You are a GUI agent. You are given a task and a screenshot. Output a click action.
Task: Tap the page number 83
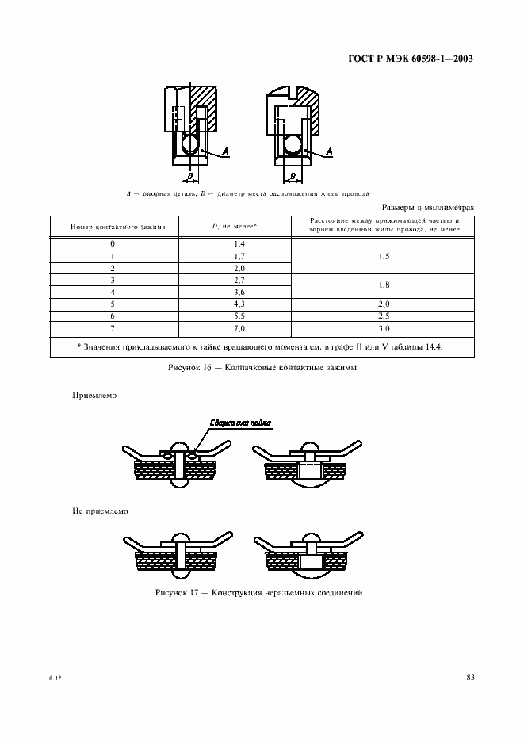tap(469, 676)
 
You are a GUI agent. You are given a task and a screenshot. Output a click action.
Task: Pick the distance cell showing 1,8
tap(384, 285)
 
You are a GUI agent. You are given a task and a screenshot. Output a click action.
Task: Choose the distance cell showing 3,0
tap(384, 327)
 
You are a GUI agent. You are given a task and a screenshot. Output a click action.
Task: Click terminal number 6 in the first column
tap(113, 315)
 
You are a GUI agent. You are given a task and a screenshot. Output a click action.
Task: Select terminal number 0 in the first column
tap(113, 244)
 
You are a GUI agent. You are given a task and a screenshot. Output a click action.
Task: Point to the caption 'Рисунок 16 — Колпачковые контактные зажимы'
tap(262, 369)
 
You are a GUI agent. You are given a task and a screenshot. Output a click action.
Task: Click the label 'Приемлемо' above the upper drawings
tap(94, 394)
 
